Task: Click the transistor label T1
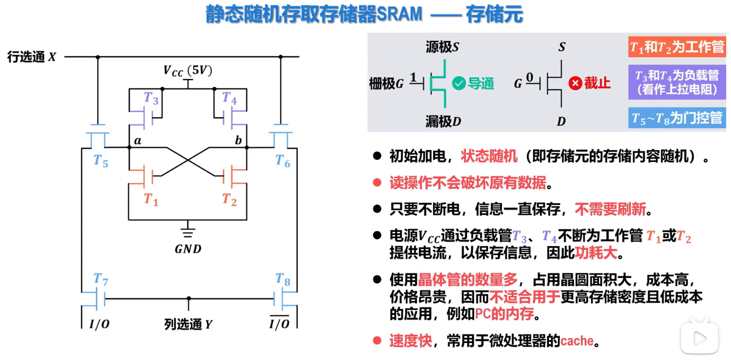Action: pos(151,199)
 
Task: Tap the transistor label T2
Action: pos(229,199)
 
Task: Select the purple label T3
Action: pos(151,98)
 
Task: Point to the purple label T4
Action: pos(229,98)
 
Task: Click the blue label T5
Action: pos(101,161)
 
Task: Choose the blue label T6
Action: pos(283,161)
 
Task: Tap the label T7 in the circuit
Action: pos(101,279)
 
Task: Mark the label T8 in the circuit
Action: pos(283,279)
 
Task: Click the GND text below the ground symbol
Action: pos(188,249)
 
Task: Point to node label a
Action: pos(138,140)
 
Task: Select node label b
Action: pos(238,140)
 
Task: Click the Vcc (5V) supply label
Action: pos(187,71)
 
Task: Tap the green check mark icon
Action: pos(459,84)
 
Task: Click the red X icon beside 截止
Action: pos(575,84)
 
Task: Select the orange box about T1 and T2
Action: pos(677,47)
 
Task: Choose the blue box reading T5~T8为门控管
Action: pos(677,118)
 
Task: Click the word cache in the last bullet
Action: pos(577,341)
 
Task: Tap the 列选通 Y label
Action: pos(188,324)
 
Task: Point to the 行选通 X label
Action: pos(31,57)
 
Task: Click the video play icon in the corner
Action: pos(699,338)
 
